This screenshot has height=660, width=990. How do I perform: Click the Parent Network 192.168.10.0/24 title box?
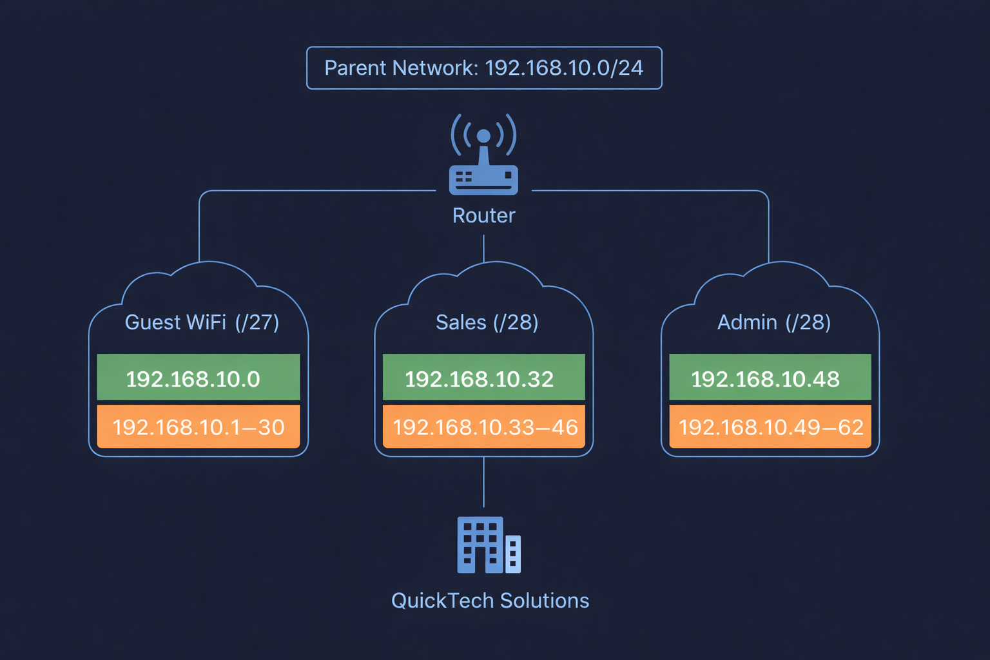(x=484, y=68)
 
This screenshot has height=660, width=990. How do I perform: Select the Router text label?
(x=483, y=215)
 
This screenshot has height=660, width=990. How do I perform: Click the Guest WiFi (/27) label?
(x=202, y=322)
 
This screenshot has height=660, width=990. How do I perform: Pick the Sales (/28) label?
(x=487, y=322)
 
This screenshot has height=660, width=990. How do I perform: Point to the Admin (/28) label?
(x=773, y=322)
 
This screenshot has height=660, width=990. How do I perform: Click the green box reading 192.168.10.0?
(x=199, y=378)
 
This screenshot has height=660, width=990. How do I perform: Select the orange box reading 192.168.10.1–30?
(x=199, y=427)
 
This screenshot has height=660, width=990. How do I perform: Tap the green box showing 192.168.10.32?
(x=484, y=378)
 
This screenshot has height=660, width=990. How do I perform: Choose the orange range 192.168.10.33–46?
(x=484, y=427)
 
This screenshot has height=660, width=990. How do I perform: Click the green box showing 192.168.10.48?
(x=770, y=378)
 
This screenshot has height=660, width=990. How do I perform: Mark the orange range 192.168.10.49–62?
(x=770, y=427)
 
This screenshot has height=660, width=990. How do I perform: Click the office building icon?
(x=489, y=545)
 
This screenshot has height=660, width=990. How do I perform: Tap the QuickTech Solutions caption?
(x=490, y=601)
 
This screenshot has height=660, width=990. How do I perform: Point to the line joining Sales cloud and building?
(x=484, y=482)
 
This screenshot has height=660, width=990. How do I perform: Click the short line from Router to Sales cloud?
(x=483, y=248)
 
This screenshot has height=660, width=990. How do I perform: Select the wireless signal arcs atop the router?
(x=483, y=132)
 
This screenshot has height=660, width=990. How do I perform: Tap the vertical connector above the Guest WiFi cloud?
(x=200, y=229)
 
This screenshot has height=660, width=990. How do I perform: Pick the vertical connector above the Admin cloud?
(x=768, y=229)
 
